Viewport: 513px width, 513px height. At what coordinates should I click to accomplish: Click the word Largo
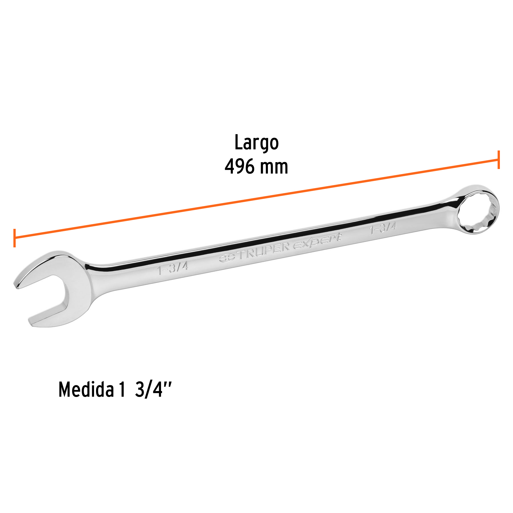(x=256, y=142)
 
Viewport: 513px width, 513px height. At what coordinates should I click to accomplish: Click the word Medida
(x=86, y=390)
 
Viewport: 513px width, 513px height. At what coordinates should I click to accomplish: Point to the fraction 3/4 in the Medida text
(x=148, y=390)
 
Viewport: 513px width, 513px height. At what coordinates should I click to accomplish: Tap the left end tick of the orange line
(x=14, y=238)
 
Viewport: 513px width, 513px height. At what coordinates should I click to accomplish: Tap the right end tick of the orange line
(x=498, y=160)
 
